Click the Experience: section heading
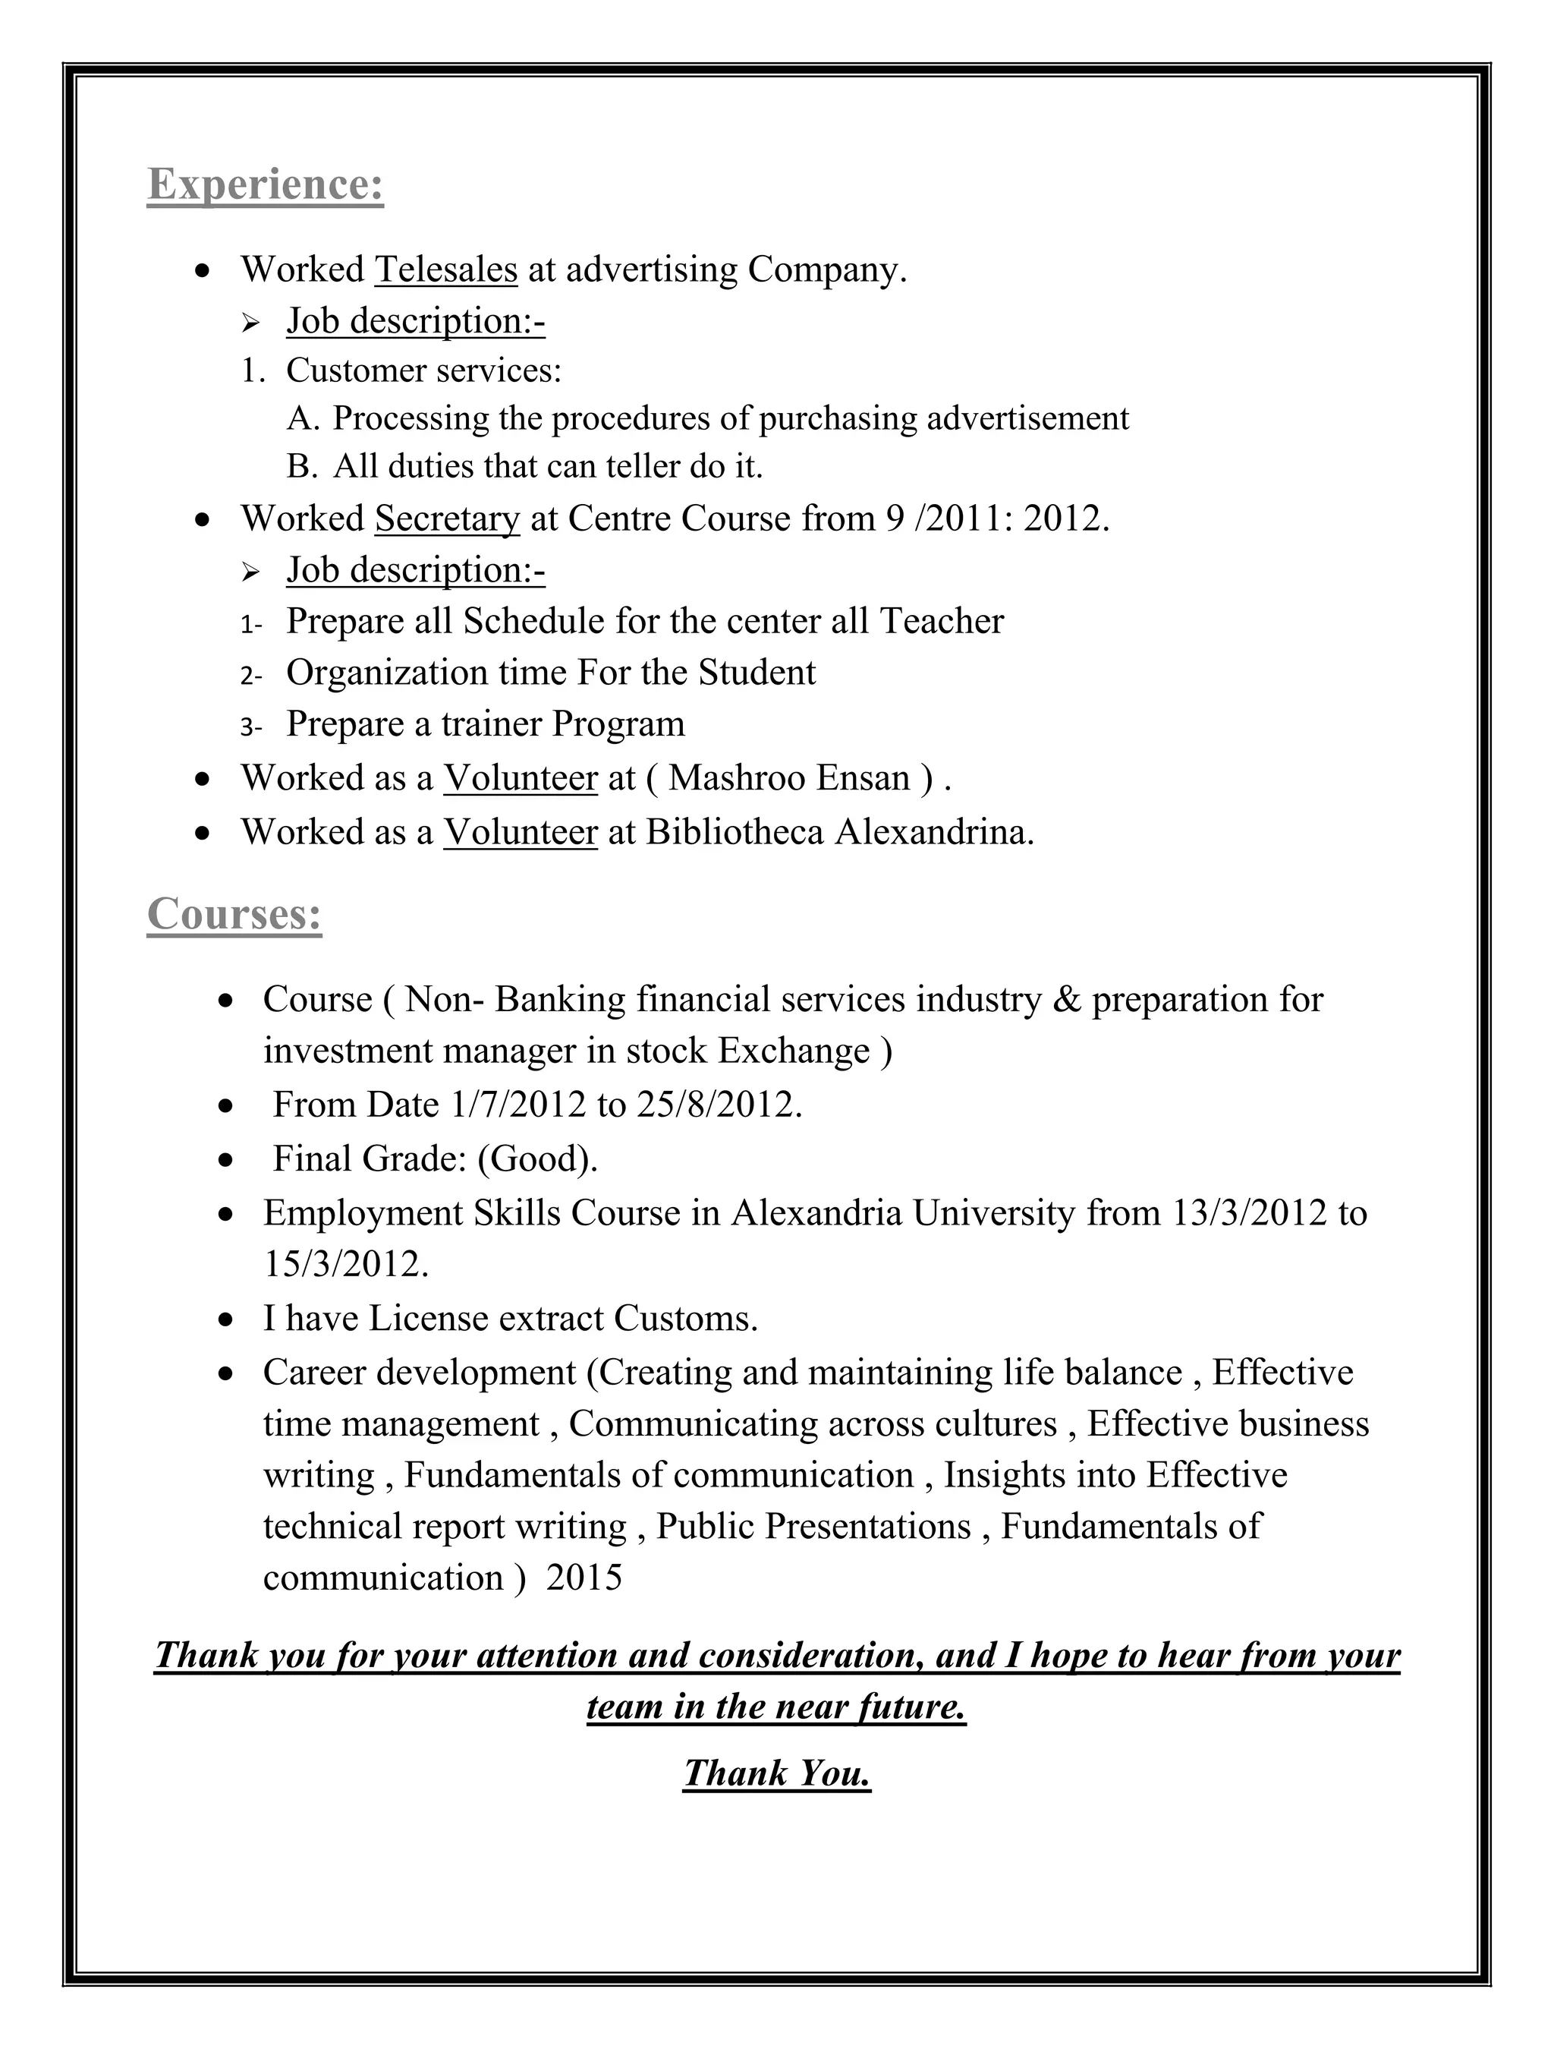click(265, 184)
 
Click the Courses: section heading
click(234, 914)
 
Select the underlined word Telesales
click(445, 270)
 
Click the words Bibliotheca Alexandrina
click(838, 833)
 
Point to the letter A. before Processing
click(303, 419)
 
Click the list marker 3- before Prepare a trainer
click(251, 727)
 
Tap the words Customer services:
click(423, 370)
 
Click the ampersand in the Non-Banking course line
click(1066, 1001)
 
